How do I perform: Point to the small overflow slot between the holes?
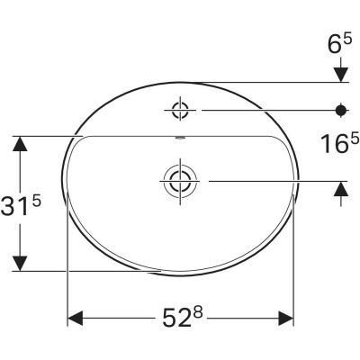point(181,139)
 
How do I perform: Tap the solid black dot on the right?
point(341,112)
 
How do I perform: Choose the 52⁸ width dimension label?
point(182,319)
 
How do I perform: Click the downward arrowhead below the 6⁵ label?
point(341,71)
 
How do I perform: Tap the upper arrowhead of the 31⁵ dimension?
point(19,145)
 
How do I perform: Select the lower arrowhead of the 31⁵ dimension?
point(19,261)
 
